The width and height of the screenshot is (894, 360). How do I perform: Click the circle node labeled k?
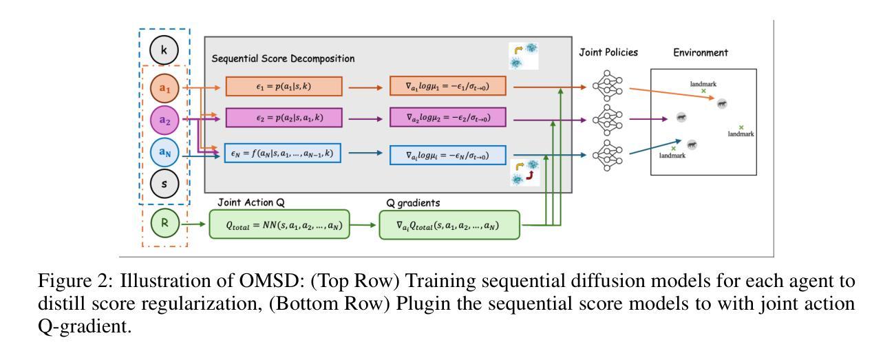click(x=164, y=50)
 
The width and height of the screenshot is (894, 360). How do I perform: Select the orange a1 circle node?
click(x=164, y=88)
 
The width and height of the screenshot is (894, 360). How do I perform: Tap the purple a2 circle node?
click(x=164, y=120)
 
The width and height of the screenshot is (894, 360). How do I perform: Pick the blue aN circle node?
click(x=164, y=151)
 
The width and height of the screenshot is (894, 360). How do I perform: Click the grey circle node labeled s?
click(x=164, y=184)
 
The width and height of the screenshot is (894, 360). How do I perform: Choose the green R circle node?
click(x=165, y=223)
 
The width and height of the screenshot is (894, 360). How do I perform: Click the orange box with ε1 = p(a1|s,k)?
click(x=284, y=86)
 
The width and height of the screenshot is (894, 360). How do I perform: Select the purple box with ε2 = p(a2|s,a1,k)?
click(x=284, y=118)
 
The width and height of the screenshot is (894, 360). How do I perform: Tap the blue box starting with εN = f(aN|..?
click(x=283, y=153)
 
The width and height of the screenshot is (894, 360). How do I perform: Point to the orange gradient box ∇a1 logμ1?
click(x=448, y=86)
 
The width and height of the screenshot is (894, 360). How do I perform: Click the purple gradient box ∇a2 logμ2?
click(x=448, y=117)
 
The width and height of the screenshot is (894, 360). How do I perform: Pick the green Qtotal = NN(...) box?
click(x=279, y=224)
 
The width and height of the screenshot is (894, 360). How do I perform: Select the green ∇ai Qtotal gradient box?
click(x=449, y=225)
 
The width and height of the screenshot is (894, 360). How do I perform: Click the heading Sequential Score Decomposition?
click(x=283, y=59)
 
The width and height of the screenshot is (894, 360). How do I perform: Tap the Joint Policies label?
click(x=608, y=52)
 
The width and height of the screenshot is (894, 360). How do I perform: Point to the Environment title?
click(x=701, y=53)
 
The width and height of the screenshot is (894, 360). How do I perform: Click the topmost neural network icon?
click(x=608, y=85)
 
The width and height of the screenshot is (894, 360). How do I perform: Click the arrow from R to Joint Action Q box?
click(x=193, y=224)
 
